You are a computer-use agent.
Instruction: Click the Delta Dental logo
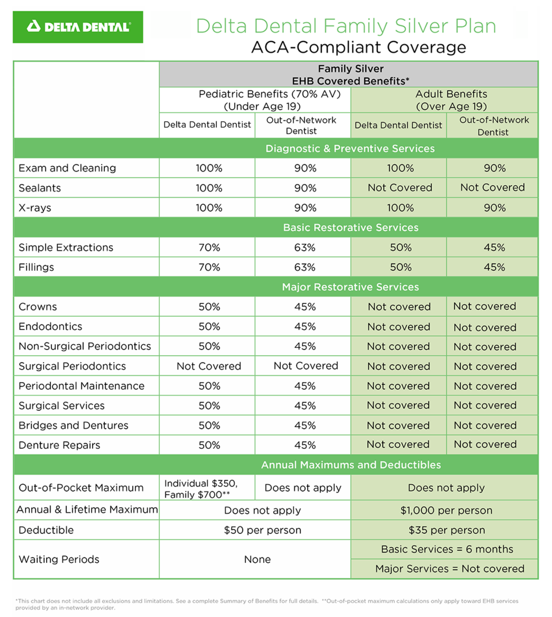[x=78, y=27]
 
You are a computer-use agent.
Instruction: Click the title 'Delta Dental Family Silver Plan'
[x=346, y=26]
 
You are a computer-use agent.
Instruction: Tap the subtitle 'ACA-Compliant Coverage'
[x=359, y=48]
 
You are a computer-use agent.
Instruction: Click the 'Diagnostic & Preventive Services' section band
[x=350, y=148]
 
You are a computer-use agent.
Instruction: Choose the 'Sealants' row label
[x=40, y=188]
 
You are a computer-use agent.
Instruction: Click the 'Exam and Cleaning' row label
[x=67, y=168]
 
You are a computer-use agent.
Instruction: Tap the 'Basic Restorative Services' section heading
[x=351, y=227]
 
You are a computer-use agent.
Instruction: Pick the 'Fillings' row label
[x=36, y=267]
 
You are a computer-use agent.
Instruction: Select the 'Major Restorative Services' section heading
[x=351, y=287]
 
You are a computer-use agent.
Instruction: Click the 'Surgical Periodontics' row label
[x=72, y=366]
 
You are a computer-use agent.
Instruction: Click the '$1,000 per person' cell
[x=446, y=510]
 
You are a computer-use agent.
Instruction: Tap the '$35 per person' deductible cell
[x=446, y=530]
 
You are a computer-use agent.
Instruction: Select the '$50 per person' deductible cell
[x=262, y=530]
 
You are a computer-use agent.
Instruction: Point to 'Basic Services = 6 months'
[x=447, y=549]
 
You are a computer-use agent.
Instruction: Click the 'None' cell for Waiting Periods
[x=257, y=559]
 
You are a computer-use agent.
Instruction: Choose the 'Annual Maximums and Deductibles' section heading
[x=351, y=465]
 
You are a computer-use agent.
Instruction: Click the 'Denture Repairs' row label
[x=59, y=445]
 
